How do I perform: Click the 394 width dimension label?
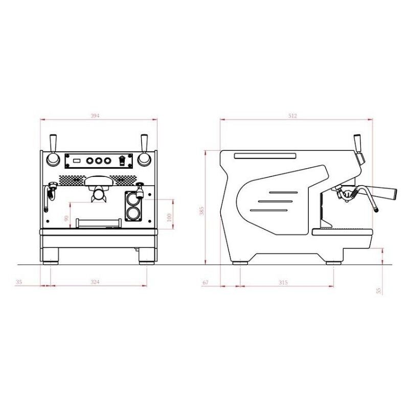95,116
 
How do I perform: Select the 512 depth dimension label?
292,116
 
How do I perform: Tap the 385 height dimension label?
201,211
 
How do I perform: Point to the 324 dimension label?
95,282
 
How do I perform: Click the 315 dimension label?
283,282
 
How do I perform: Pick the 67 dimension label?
206,282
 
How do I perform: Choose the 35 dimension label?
19,282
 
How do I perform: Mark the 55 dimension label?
379,290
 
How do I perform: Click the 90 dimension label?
66,218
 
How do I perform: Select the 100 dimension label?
169,218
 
